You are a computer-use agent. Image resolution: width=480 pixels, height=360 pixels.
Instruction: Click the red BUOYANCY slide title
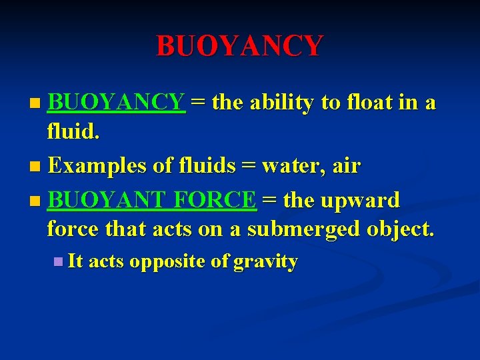coord(240,45)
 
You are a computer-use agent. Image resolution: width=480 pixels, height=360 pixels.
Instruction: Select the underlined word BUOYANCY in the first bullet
coord(116,103)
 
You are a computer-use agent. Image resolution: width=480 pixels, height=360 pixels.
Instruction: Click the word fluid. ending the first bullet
coord(74,132)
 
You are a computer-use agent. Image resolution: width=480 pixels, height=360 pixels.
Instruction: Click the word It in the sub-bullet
coord(75,261)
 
